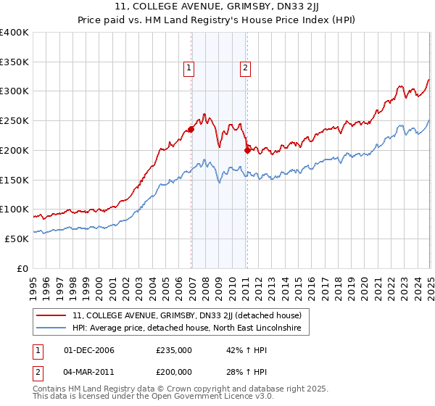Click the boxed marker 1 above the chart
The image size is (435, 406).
[188, 68]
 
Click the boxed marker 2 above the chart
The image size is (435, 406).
[246, 68]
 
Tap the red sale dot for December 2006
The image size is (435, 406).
[191, 130]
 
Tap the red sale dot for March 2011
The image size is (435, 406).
[247, 150]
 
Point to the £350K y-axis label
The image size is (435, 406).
[14, 62]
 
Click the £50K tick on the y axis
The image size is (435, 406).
[17, 239]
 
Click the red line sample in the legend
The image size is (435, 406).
[51, 315]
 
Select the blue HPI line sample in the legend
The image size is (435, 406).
[51, 328]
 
